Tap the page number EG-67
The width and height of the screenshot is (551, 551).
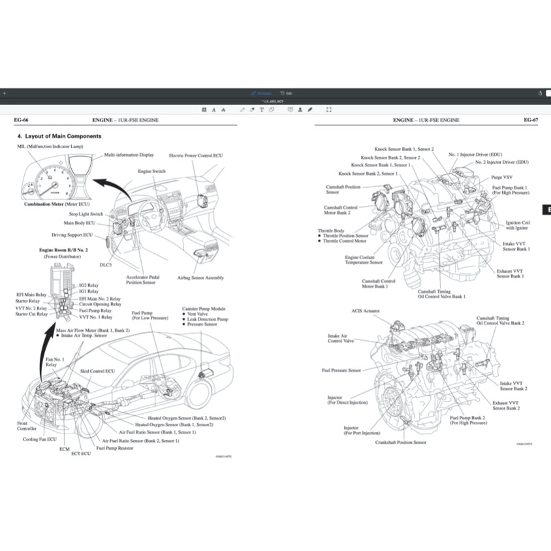pyautogui.click(x=530, y=120)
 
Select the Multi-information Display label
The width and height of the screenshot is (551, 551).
pyautogui.click(x=129, y=155)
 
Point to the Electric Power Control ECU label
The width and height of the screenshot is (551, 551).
pyautogui.click(x=196, y=156)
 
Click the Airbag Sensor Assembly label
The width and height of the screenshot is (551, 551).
pyautogui.click(x=200, y=277)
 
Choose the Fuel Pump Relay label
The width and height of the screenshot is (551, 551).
pyautogui.click(x=95, y=310)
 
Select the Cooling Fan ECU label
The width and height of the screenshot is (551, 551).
pyautogui.click(x=40, y=439)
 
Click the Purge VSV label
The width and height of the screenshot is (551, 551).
pyautogui.click(x=502, y=177)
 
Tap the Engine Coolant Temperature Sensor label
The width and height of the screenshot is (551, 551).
pyautogui.click(x=364, y=260)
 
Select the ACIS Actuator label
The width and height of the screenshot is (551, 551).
pyautogui.click(x=366, y=311)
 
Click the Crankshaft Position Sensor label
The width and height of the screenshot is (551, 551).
pyautogui.click(x=401, y=442)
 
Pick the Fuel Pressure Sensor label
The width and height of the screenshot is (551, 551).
pyautogui.click(x=341, y=370)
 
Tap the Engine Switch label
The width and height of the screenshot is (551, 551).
pyautogui.click(x=151, y=171)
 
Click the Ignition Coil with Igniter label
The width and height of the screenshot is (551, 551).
pyautogui.click(x=518, y=225)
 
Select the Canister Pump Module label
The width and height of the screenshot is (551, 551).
pyautogui.click(x=204, y=308)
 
